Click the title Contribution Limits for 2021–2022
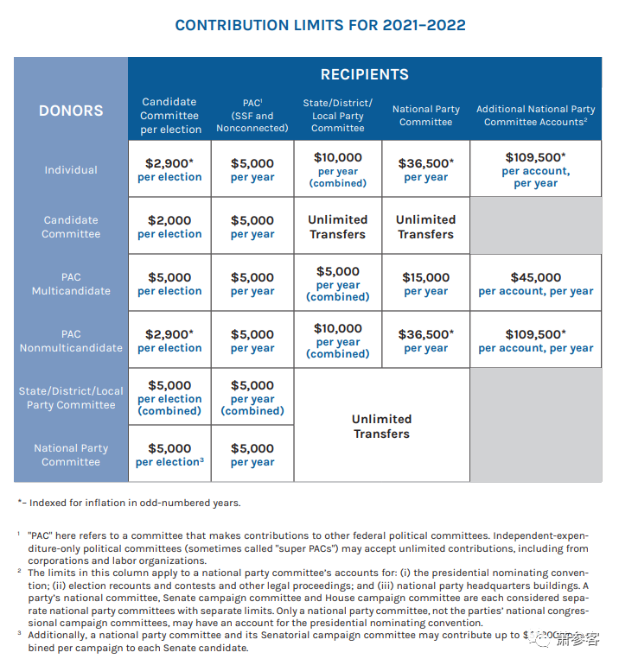320,25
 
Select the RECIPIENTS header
364,74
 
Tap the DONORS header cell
71,111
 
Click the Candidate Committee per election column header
170,115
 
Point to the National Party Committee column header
425,115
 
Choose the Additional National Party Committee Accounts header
536,115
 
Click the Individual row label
71,170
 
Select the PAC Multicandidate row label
71,284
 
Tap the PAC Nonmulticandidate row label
71,340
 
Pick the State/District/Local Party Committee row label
71,397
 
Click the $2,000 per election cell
169,226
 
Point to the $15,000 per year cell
425,283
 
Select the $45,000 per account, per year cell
536,283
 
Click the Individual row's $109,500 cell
536,170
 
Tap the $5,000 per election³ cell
169,454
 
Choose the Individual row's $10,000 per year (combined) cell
338,170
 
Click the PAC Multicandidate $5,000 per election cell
169,283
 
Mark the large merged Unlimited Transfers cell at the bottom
381,426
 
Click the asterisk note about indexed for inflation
130,503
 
